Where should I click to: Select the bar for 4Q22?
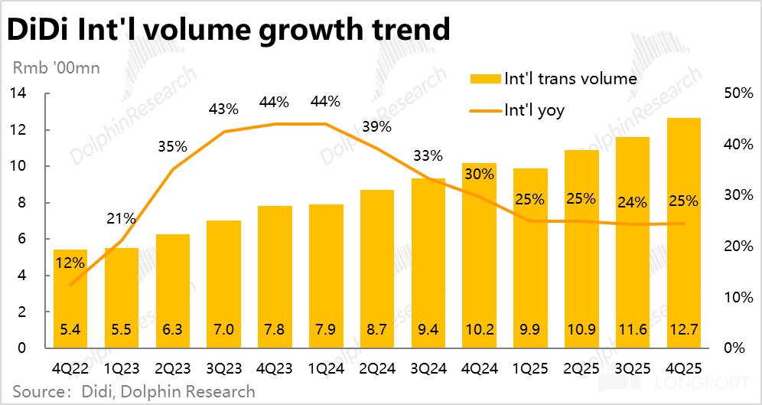[x=70, y=299]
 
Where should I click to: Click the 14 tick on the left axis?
[x=19, y=93]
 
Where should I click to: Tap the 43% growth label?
[x=223, y=109]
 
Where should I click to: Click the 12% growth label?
[x=70, y=263]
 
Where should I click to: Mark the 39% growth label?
[x=376, y=126]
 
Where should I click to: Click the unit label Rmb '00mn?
[x=56, y=67]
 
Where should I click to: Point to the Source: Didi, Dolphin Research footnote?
[x=130, y=392]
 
